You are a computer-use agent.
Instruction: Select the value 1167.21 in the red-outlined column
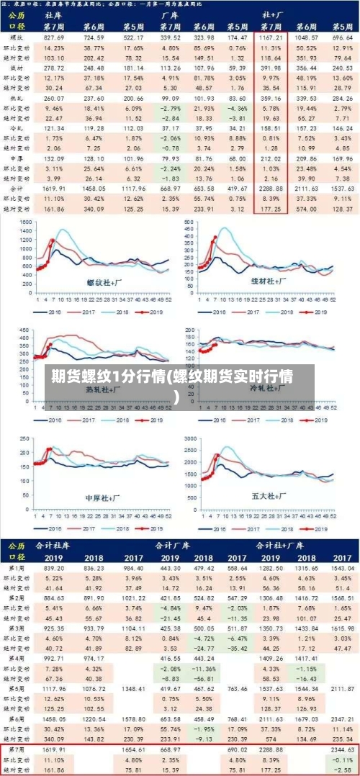tap(271, 36)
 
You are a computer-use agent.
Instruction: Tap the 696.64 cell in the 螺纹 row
tap(342, 36)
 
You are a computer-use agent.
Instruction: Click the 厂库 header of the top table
tap(169, 14)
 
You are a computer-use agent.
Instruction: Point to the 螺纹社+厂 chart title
tap(105, 282)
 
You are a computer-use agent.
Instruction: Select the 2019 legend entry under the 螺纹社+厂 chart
tap(157, 312)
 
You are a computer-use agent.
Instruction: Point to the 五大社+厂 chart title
tap(269, 496)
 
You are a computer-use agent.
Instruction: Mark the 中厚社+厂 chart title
tap(103, 497)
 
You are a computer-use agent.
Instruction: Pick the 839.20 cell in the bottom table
tap(54, 568)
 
